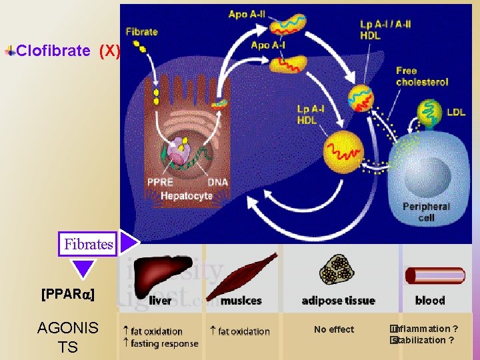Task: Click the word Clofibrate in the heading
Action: coord(53,51)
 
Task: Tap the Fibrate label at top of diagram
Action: coord(141,31)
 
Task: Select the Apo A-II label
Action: coord(246,14)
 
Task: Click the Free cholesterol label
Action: coord(421,76)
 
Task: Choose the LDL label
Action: coord(456,112)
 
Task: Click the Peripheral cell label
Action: coord(426,212)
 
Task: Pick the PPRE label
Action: coord(161,182)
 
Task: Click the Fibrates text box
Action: coord(88,244)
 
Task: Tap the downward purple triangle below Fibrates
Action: coord(84,268)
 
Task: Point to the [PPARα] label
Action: coord(67,294)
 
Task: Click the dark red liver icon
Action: coord(154,274)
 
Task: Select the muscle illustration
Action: coord(241,275)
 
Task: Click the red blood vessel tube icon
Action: coord(435,275)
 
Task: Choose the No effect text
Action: coord(334,329)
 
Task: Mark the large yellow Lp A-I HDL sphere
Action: coord(343,153)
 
